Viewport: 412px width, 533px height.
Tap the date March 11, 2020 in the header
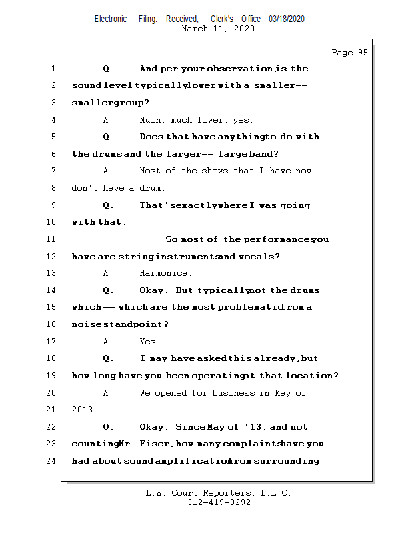click(217, 29)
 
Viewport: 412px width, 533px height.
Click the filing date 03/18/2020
click(287, 19)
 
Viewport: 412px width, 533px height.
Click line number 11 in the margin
click(53, 239)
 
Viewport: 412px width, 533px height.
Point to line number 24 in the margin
click(53, 461)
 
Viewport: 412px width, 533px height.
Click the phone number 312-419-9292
click(219, 503)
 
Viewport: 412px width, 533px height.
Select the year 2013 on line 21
click(83, 410)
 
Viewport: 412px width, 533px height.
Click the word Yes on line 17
click(149, 342)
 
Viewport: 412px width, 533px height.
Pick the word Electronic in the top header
click(111, 19)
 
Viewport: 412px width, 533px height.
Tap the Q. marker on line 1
click(108, 69)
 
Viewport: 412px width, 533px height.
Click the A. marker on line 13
click(107, 273)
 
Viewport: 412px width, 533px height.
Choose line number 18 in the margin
click(53, 358)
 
